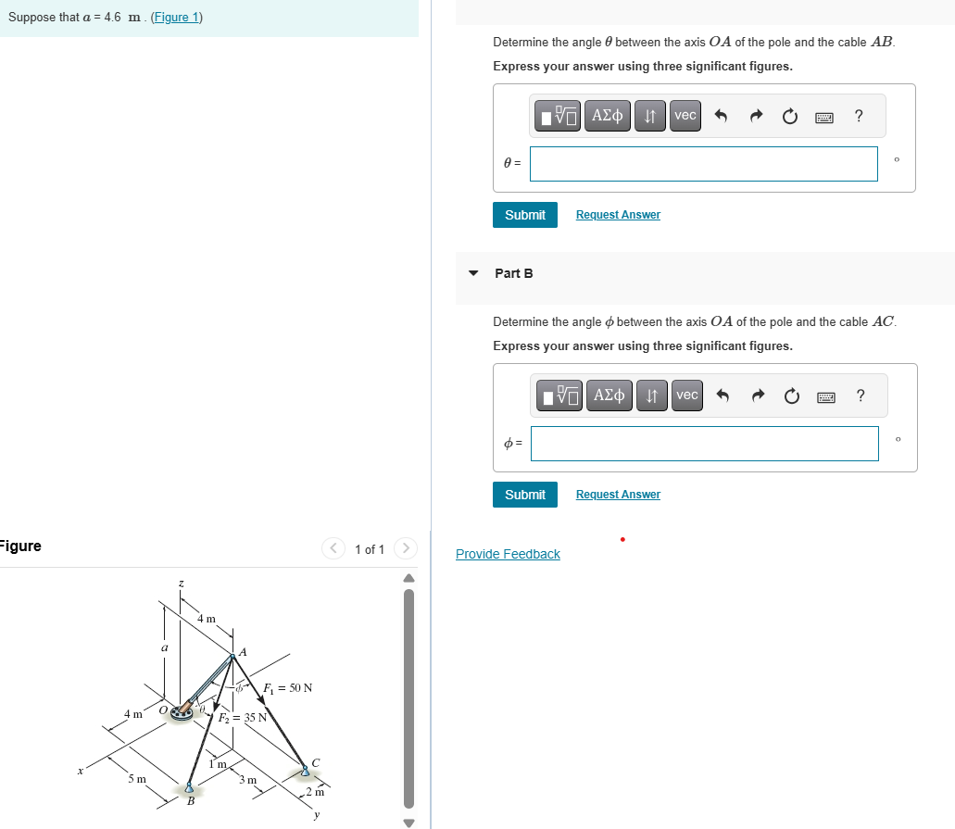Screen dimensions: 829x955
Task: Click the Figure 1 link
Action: click(x=176, y=18)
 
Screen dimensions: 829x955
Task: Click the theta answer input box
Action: click(x=703, y=164)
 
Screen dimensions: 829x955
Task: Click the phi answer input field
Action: click(x=703, y=444)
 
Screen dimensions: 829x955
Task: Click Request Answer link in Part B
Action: click(x=618, y=495)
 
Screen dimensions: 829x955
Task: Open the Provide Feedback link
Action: click(x=508, y=554)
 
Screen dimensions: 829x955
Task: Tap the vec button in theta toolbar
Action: click(x=685, y=116)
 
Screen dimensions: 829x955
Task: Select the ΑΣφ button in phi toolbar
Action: click(x=608, y=396)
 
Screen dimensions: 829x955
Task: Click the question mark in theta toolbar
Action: click(x=859, y=116)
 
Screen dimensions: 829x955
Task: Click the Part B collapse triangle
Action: click(x=474, y=273)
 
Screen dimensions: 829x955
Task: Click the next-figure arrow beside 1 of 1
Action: click(x=405, y=549)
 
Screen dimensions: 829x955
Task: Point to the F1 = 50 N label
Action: click(x=287, y=688)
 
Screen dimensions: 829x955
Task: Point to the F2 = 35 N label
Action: click(x=242, y=718)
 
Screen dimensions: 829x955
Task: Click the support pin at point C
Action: click(x=305, y=770)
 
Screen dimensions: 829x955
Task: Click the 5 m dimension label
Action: click(x=136, y=780)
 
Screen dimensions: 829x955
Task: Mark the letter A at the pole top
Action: click(x=243, y=652)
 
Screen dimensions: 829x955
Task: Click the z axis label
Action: click(x=181, y=584)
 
